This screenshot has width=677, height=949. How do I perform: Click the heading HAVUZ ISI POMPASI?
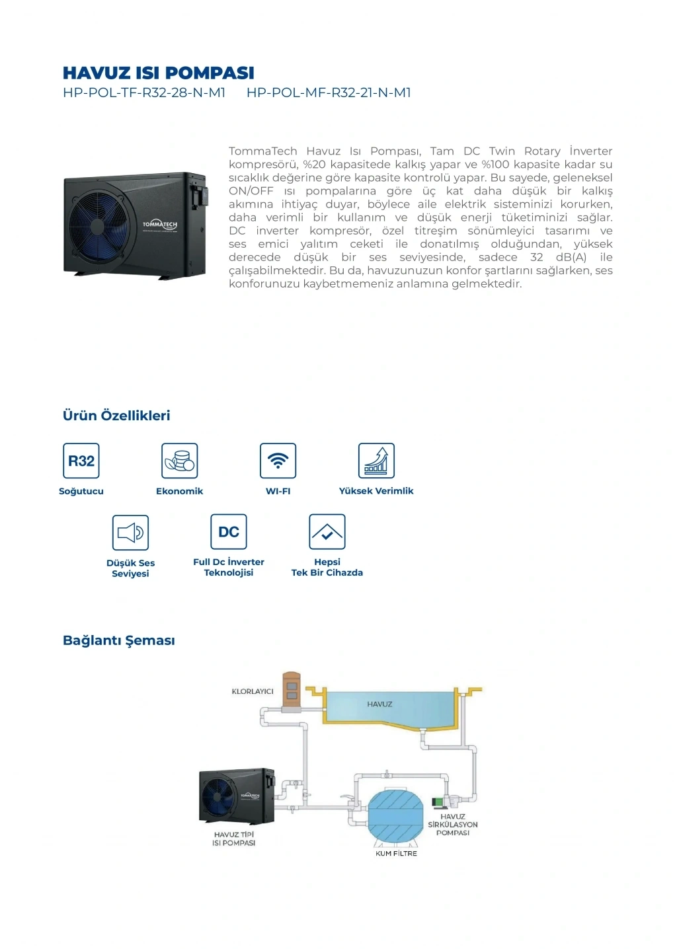[x=158, y=73]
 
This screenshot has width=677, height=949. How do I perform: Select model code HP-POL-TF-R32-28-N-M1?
[x=144, y=93]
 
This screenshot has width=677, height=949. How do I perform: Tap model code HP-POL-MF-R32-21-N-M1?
[x=329, y=93]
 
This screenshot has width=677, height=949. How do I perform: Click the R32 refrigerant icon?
[x=81, y=461]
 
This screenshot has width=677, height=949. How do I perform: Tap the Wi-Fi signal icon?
[x=278, y=461]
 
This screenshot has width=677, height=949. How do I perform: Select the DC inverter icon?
[x=229, y=532]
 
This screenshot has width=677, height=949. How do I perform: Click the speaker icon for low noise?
[x=130, y=533]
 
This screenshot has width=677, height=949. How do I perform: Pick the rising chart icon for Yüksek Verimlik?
[x=376, y=461]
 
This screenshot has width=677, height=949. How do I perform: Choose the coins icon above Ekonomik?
[x=180, y=461]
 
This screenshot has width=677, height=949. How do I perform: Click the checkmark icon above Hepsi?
[x=327, y=532]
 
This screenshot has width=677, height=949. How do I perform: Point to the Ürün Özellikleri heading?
[x=116, y=416]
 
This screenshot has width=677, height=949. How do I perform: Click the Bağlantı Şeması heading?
[x=119, y=640]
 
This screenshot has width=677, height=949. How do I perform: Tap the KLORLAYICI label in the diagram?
[x=252, y=691]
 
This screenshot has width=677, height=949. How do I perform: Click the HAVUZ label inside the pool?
[x=379, y=704]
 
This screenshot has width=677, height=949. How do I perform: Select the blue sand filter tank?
[x=395, y=816]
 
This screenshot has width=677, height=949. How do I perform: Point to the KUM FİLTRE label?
[x=396, y=854]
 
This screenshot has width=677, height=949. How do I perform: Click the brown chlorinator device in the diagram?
[x=292, y=691]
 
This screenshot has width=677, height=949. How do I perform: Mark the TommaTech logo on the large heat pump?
[x=160, y=225]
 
